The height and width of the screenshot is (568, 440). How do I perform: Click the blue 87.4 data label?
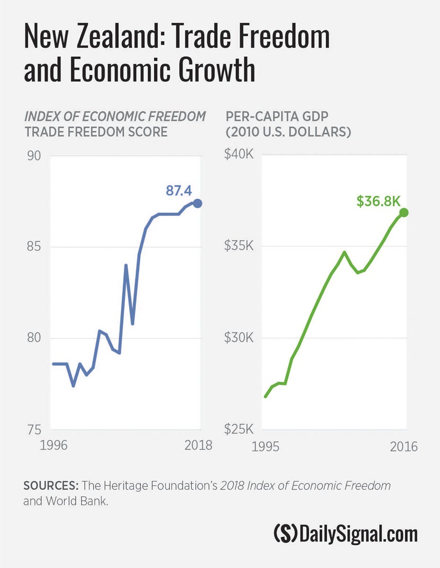pos(178,191)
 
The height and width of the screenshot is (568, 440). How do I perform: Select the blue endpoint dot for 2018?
pos(198,203)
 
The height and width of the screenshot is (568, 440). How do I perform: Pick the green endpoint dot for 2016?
pos(404,213)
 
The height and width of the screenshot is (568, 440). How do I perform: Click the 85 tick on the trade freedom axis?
pos(34,247)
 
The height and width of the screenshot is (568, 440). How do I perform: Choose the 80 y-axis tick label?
pos(34,338)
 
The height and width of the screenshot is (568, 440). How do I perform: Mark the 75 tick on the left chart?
pos(34,430)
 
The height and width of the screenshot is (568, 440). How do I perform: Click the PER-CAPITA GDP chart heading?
pos(275,116)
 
